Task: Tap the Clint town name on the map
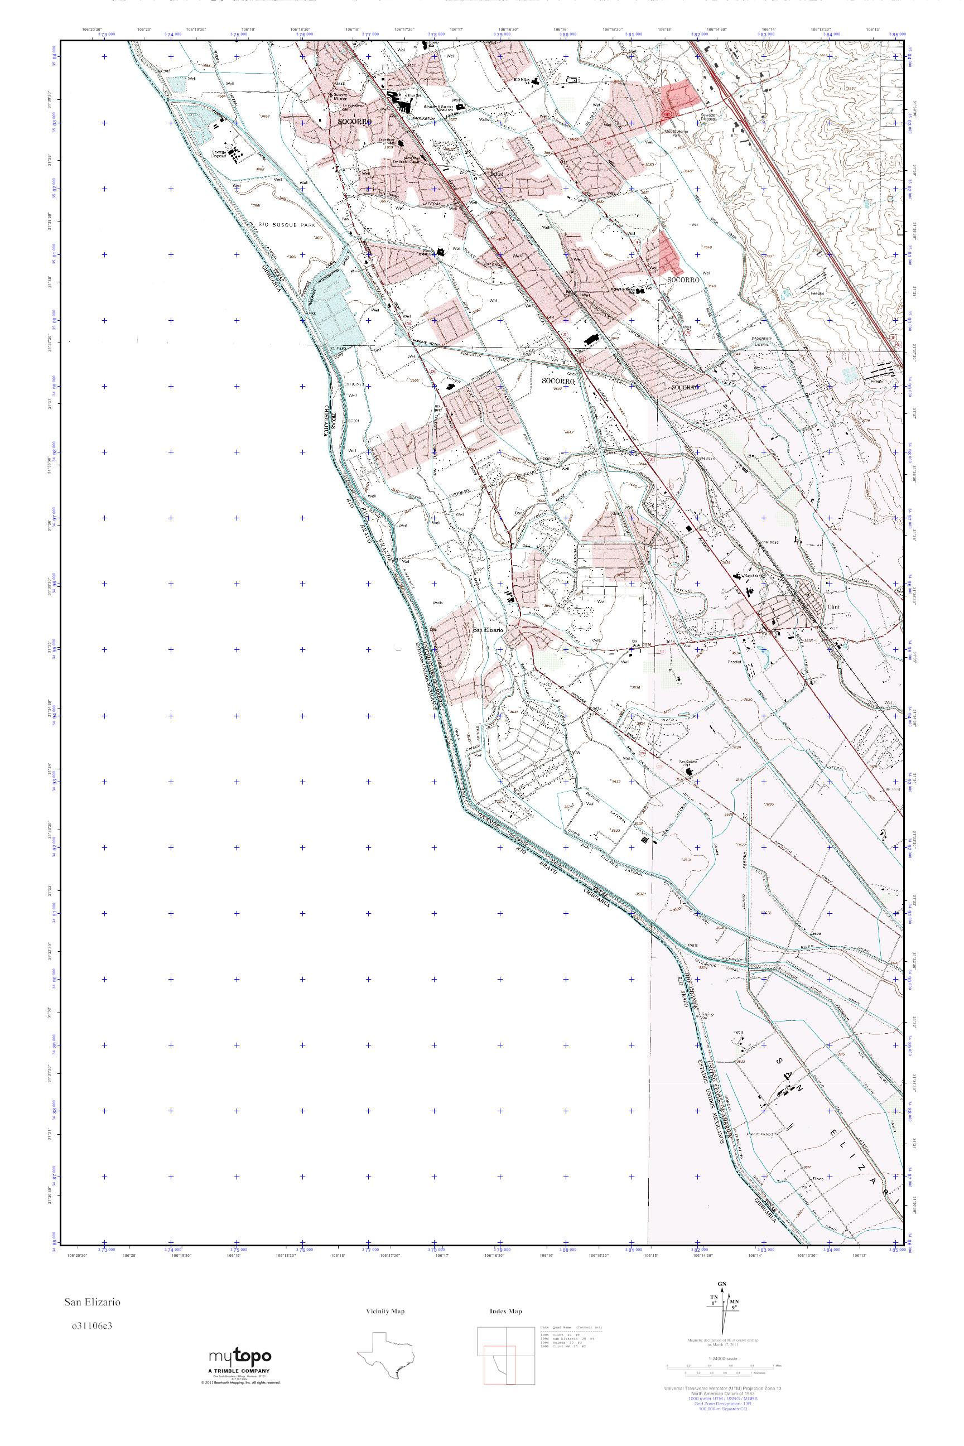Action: (x=833, y=606)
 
